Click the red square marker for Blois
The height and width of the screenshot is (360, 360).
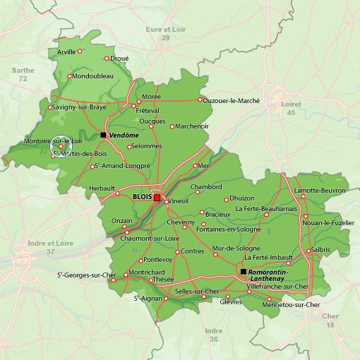pos(157,198)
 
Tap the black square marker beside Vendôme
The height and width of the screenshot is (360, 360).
pos(103,134)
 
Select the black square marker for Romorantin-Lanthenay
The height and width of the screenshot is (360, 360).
pos(244,271)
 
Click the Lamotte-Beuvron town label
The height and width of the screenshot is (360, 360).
pos(320,191)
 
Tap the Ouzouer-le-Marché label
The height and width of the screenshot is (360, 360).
pos(231,101)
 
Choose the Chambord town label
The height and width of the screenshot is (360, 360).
pos(206,187)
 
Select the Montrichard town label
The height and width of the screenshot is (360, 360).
pos(146,272)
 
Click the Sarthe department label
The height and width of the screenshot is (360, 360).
pos(23,71)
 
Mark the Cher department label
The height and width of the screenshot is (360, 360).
pos(329,316)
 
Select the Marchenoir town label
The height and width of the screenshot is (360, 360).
pos(192,126)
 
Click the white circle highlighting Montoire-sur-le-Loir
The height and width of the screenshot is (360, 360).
pos(61,146)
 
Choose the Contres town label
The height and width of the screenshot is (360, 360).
pos(191,251)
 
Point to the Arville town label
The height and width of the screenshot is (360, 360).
pos(66,52)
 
